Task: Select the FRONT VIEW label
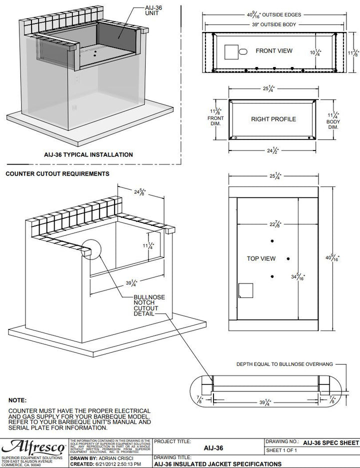click(x=274, y=51)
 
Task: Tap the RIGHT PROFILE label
click(x=273, y=119)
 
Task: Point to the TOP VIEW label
click(x=261, y=258)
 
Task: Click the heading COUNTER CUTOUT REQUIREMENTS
click(x=57, y=174)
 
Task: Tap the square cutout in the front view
click(x=230, y=52)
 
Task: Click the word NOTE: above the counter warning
click(x=17, y=400)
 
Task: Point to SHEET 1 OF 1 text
click(x=281, y=450)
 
